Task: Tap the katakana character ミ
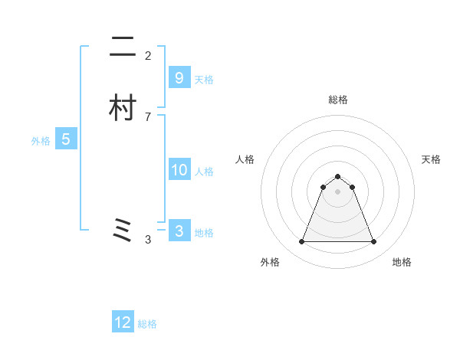point(122,231)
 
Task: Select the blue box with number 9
point(179,77)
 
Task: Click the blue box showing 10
point(179,170)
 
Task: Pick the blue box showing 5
point(66,139)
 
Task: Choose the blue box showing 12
point(123,322)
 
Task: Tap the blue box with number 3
point(179,231)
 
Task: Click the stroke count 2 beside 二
point(148,56)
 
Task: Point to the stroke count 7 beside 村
point(148,116)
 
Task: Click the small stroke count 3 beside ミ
point(148,240)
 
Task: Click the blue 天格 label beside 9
point(204,80)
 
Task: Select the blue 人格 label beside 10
point(204,172)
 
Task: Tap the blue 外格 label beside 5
point(41,141)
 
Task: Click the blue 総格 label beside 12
point(147,325)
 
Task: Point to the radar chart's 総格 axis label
point(338,100)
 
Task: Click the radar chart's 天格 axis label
point(432,159)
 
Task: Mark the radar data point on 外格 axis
point(301,242)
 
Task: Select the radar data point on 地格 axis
point(373,242)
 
